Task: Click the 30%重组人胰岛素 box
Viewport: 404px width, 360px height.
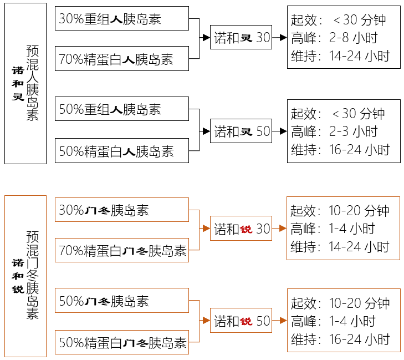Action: click(121, 18)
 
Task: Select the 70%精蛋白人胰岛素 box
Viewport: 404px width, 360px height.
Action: click(121, 58)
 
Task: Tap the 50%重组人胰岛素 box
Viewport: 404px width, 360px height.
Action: click(121, 109)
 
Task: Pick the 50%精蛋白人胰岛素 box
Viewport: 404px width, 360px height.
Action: click(121, 150)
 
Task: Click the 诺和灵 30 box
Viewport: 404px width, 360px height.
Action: click(241, 38)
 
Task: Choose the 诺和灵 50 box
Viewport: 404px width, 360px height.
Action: click(241, 131)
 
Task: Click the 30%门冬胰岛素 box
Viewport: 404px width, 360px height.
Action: click(121, 210)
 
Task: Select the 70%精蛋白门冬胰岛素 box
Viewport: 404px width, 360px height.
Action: click(121, 250)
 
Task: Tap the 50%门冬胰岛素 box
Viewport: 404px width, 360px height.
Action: click(121, 301)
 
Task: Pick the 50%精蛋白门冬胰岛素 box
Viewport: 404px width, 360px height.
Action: click(121, 342)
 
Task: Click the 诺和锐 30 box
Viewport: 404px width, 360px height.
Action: click(241, 229)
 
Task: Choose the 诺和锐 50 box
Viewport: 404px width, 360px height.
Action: click(241, 321)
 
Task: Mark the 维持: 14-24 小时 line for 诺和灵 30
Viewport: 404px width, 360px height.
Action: click(340, 56)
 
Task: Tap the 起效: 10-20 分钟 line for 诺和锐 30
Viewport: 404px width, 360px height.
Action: click(340, 211)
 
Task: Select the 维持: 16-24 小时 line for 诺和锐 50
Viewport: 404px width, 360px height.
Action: click(340, 339)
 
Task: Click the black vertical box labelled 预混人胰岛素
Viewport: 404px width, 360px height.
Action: click(25, 83)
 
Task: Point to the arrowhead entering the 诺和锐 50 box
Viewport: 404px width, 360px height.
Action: click(206, 321)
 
